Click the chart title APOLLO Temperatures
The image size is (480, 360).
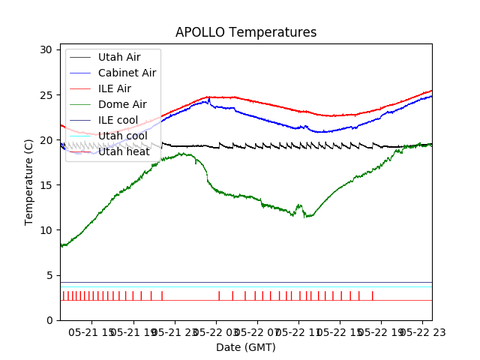[x=246, y=32]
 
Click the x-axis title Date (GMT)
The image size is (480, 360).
[x=246, y=347]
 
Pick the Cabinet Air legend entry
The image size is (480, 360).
[x=127, y=73]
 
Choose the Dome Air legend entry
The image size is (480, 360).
[x=122, y=104]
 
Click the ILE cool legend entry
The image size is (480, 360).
[x=118, y=120]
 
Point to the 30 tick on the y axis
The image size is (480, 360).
[x=46, y=49]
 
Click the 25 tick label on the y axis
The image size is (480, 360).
[x=46, y=95]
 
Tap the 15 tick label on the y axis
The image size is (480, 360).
[x=46, y=185]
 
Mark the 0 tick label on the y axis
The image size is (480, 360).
[x=49, y=320]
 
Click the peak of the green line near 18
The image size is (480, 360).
[x=183, y=154]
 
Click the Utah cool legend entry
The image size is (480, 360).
[x=124, y=136]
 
